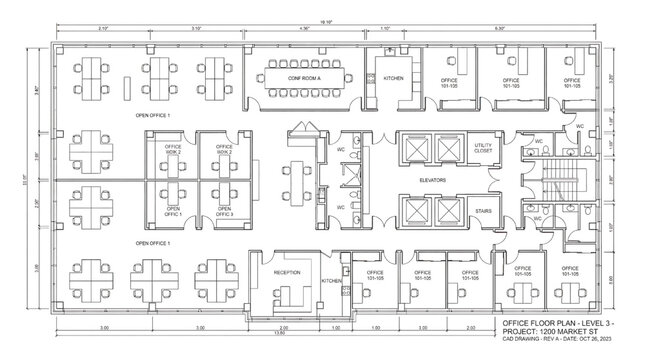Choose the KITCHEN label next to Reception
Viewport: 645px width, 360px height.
point(332,281)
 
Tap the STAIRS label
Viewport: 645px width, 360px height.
point(482,212)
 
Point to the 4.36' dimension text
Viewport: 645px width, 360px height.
point(305,28)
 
